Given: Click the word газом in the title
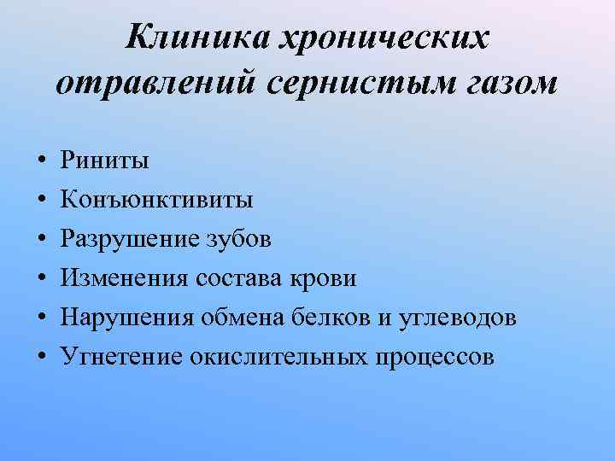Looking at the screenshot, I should coord(495,84).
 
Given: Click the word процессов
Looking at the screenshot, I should coord(433,357).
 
